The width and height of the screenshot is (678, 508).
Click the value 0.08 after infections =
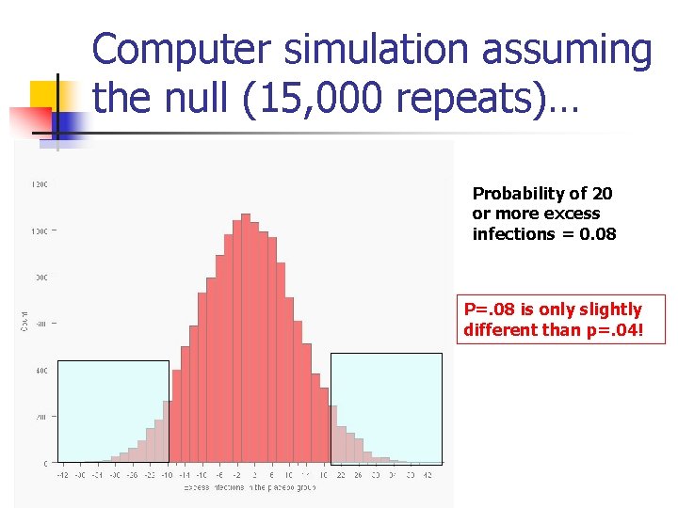tap(599, 233)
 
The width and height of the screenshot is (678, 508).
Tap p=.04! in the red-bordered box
tap(606, 330)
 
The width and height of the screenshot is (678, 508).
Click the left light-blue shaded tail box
tap(113, 411)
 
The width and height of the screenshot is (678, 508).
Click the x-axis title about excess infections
tap(249, 487)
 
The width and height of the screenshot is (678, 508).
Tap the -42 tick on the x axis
tap(62, 475)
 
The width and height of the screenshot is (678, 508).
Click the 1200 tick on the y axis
tap(40, 184)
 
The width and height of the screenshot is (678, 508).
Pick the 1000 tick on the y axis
tap(40, 230)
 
